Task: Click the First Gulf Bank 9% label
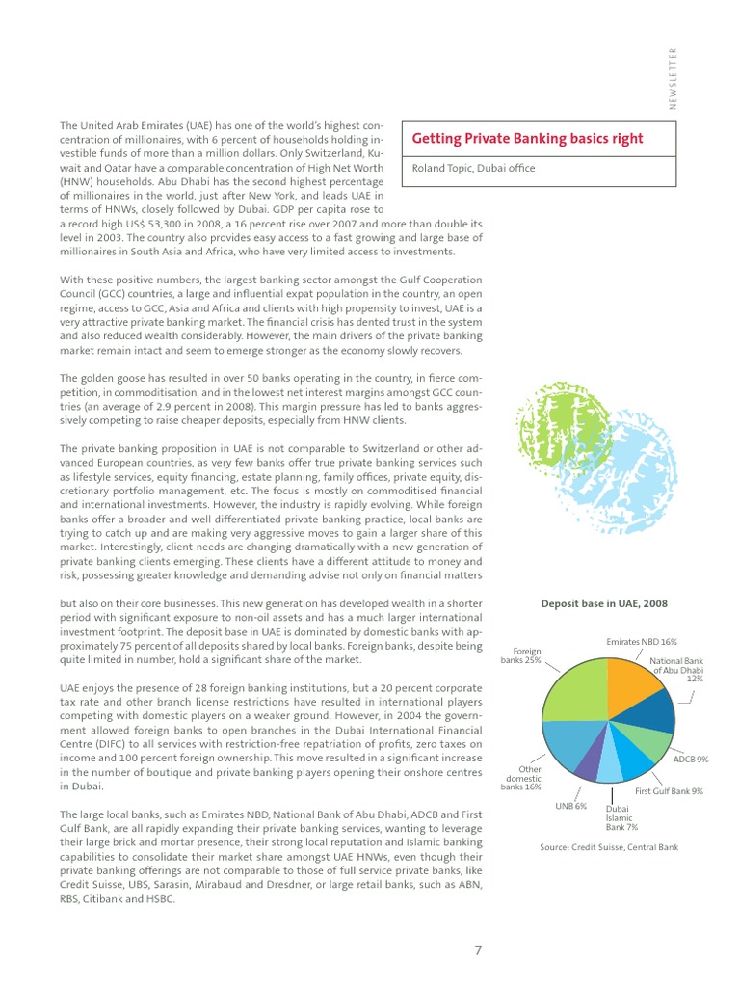tap(669, 791)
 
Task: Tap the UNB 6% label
tap(571, 806)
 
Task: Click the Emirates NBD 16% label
tap(642, 641)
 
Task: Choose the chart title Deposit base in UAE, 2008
tap(605, 604)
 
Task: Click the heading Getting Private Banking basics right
tap(527, 139)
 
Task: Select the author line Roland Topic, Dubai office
tap(472, 168)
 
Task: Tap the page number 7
tap(478, 949)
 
